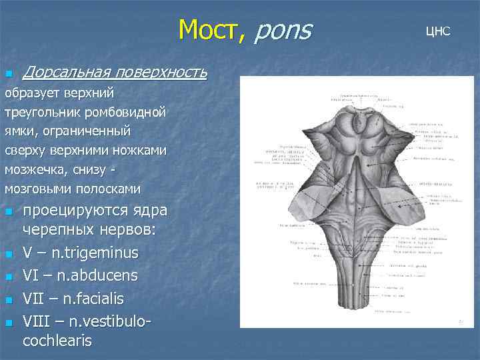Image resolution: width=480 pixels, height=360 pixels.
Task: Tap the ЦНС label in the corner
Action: (x=438, y=31)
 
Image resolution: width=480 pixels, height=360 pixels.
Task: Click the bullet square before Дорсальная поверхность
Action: (x=8, y=73)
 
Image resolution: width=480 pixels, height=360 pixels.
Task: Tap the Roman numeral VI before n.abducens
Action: (x=32, y=275)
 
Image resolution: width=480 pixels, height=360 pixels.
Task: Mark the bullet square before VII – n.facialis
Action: (x=8, y=299)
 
